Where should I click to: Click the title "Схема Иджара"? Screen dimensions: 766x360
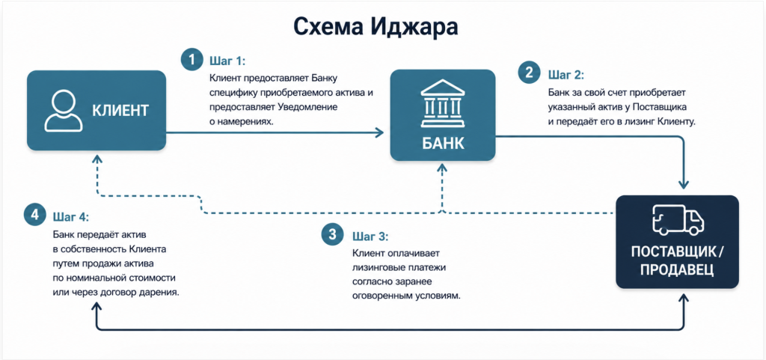click(376, 28)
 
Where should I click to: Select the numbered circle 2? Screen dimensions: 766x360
click(530, 74)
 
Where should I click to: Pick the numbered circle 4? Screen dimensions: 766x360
click(34, 215)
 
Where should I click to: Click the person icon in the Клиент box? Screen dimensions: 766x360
click(63, 110)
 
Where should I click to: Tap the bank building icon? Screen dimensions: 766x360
click(443, 105)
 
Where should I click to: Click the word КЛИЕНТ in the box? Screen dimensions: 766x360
click(120, 111)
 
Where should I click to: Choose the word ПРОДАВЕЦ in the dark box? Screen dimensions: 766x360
click(676, 270)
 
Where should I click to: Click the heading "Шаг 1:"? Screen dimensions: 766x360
click(227, 61)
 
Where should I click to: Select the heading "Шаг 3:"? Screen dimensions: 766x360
click(370, 237)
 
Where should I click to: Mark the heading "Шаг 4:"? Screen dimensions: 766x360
click(70, 216)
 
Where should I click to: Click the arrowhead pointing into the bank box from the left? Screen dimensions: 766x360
click(380, 132)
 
